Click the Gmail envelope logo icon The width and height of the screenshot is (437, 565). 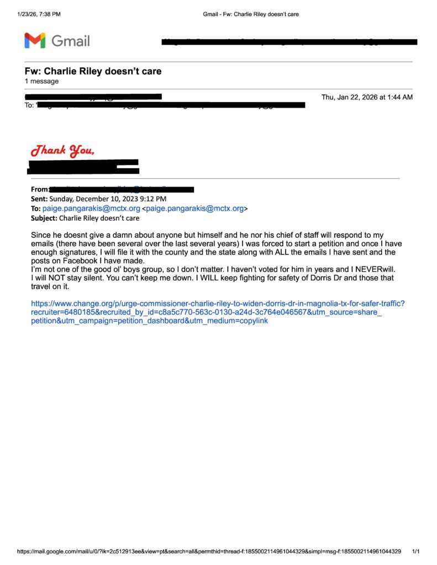tap(34, 40)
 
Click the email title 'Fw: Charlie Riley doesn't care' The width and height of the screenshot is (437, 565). tap(93, 71)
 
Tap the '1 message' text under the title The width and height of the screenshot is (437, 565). tap(41, 81)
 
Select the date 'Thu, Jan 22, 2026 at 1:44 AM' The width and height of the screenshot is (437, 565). tap(367, 97)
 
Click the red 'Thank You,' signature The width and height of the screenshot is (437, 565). tap(62, 150)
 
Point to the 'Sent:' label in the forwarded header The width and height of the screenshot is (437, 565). tap(39, 199)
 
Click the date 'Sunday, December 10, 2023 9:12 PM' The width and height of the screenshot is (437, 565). tap(108, 199)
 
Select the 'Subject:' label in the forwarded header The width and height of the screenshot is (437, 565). tap(44, 218)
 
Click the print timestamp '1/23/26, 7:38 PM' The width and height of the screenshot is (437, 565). tap(39, 14)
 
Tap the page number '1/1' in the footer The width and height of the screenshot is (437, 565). tap(416, 551)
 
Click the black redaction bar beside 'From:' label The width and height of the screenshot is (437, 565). tap(121, 189)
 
